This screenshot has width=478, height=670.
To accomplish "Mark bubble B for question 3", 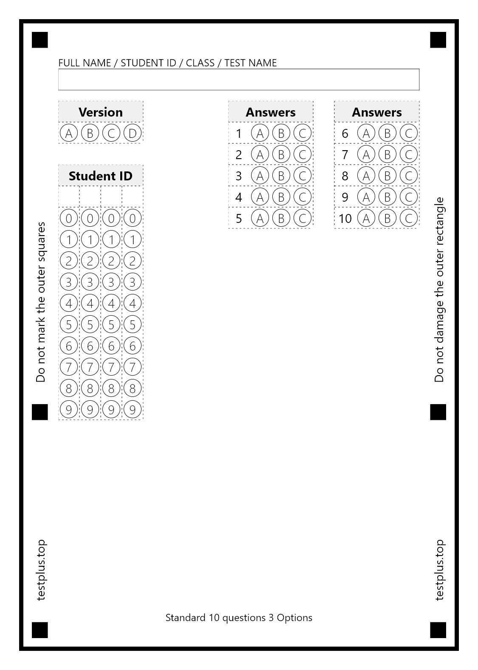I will (x=281, y=176).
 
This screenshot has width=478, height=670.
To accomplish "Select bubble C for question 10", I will (x=408, y=218).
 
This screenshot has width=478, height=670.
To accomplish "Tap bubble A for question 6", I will (x=366, y=133).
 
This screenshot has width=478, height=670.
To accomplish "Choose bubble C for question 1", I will (x=302, y=133).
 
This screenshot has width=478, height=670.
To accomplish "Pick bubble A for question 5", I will (x=260, y=218).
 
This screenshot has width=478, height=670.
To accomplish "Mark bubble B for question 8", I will (x=387, y=176).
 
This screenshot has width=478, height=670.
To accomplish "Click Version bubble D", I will (x=132, y=133).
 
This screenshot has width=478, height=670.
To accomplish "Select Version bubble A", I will (x=68, y=133).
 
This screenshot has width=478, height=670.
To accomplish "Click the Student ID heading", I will (x=100, y=176).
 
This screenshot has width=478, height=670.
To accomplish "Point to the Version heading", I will (x=100, y=112).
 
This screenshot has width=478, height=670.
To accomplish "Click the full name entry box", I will (x=238, y=80).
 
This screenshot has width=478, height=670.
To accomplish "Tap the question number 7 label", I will (x=345, y=154).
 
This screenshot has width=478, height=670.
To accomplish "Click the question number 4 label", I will (x=238, y=197).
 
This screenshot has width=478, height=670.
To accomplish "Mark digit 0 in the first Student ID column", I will (x=68, y=218).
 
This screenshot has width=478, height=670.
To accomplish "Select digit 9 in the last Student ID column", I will (x=132, y=410).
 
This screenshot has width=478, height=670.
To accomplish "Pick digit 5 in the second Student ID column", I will (x=90, y=325).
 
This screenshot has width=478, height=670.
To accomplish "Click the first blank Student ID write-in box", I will (x=69, y=197).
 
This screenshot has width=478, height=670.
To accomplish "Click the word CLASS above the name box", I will (x=200, y=63).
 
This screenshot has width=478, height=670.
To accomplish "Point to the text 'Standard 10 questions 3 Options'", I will (x=238, y=617).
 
